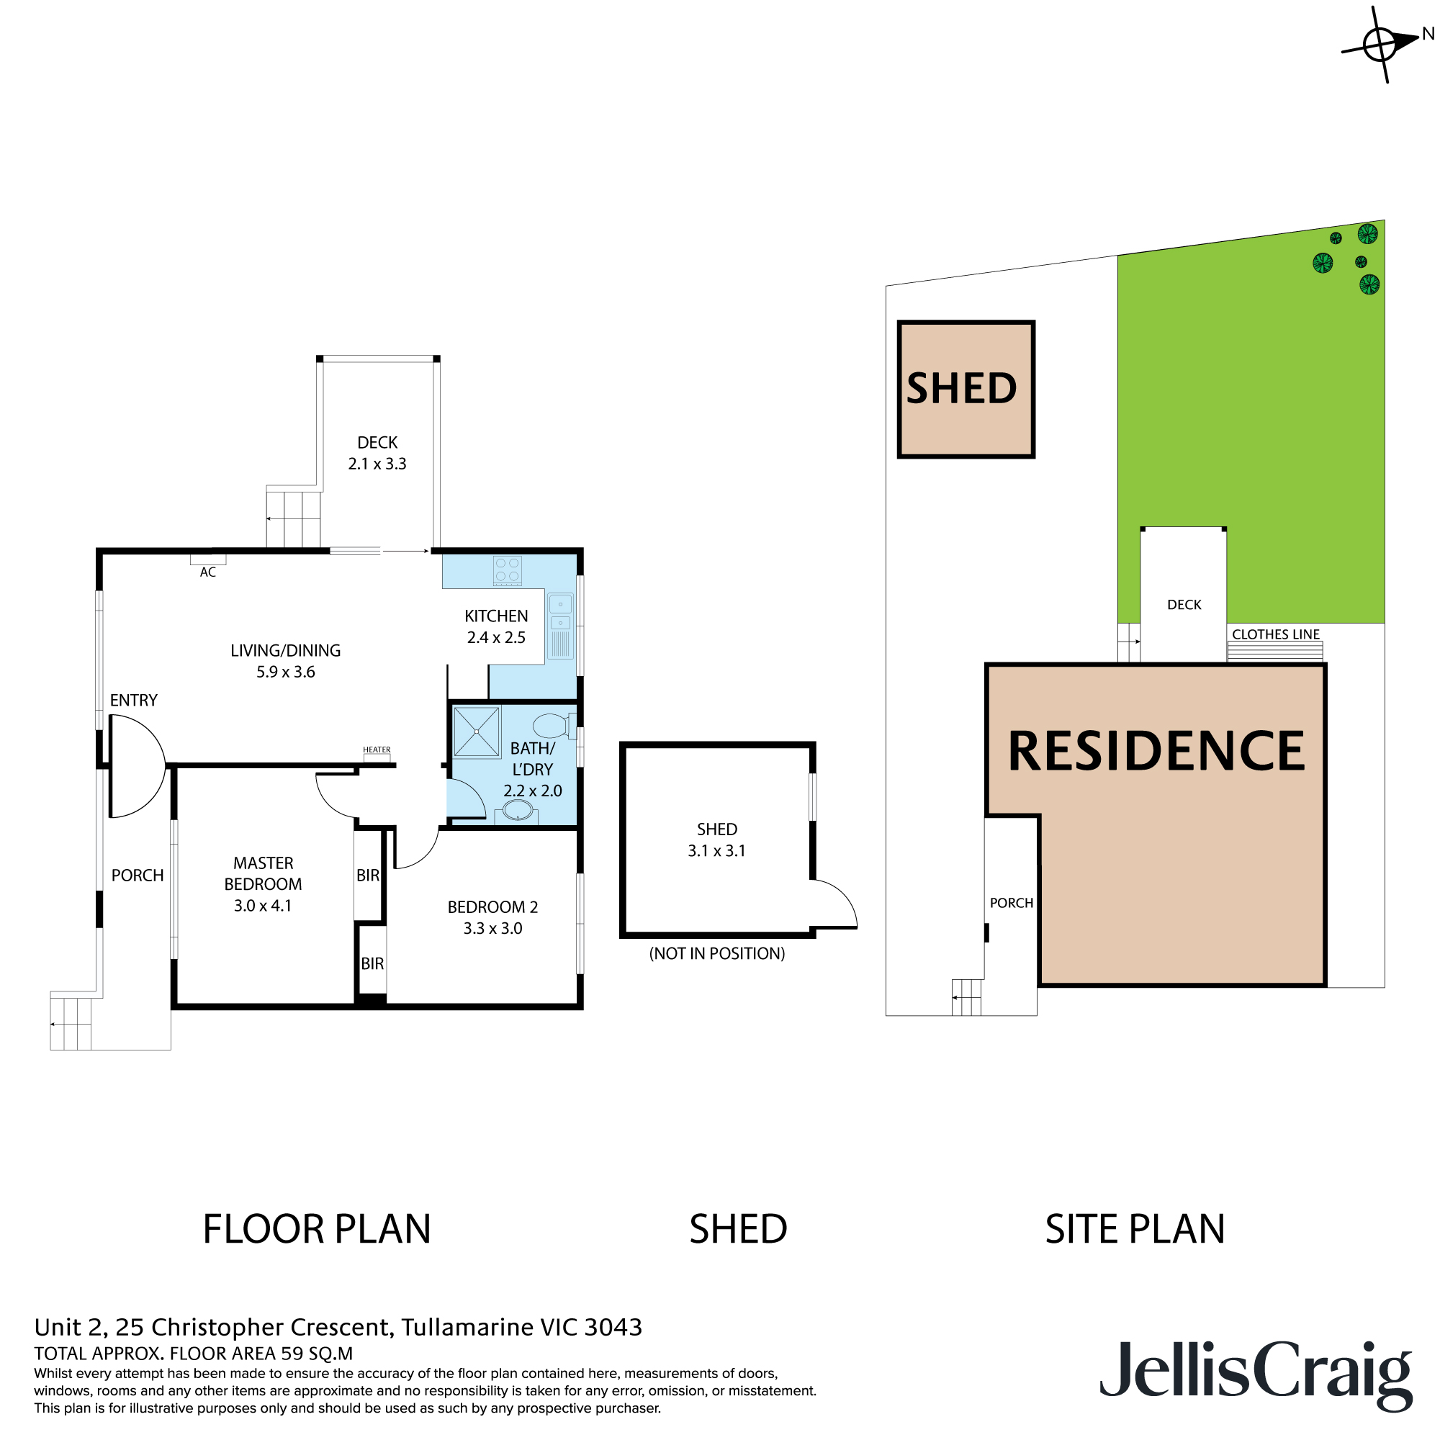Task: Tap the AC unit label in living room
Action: point(208,572)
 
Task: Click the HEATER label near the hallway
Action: point(377,750)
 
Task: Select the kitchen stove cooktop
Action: point(508,571)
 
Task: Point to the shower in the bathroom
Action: point(476,732)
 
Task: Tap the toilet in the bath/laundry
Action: point(552,725)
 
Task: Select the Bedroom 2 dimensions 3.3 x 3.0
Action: point(492,929)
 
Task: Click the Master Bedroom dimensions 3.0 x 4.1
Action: point(262,906)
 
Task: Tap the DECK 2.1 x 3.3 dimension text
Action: point(377,464)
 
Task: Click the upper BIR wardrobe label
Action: point(367,876)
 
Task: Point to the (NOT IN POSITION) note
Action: point(717,953)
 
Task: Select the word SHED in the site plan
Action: point(961,389)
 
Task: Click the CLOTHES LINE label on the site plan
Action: point(1275,634)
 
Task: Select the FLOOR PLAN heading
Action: point(317,1229)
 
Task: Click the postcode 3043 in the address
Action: point(613,1328)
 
